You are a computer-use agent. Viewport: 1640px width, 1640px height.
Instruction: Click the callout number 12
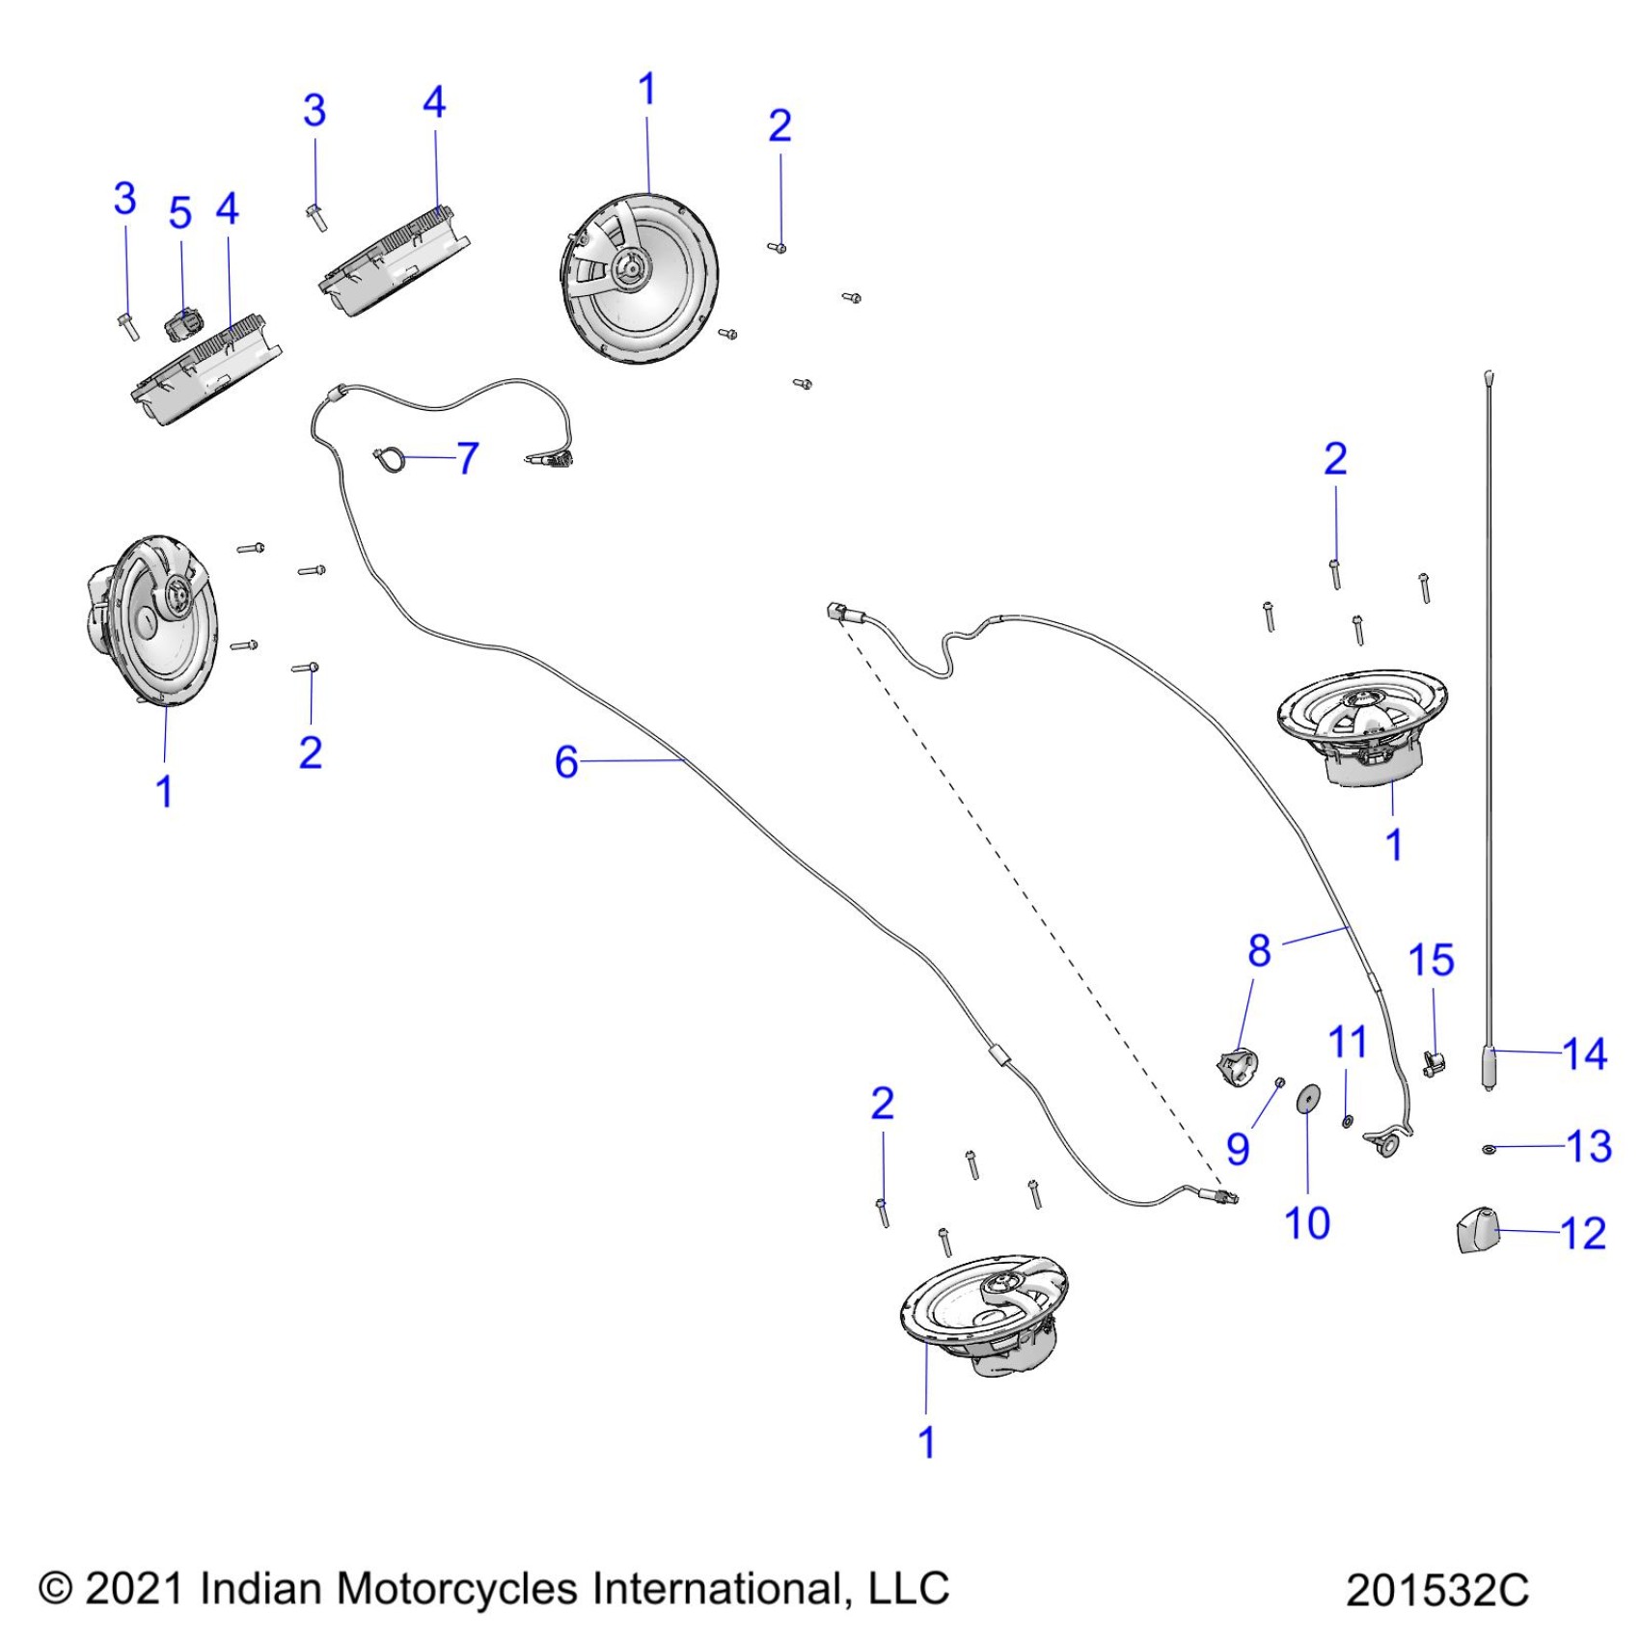(x=1583, y=1234)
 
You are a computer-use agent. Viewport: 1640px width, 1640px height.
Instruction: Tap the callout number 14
(x=1584, y=1053)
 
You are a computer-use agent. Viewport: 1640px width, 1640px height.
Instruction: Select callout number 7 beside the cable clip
(x=468, y=458)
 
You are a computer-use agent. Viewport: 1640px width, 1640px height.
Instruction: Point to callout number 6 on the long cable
(x=566, y=762)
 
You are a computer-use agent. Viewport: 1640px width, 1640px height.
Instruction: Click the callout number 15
(x=1431, y=961)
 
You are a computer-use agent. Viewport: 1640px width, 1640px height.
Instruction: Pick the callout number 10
(x=1307, y=1223)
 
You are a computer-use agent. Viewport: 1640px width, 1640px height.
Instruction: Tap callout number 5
(x=180, y=213)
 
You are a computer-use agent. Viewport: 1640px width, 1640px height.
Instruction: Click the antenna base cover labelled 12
(x=1475, y=1234)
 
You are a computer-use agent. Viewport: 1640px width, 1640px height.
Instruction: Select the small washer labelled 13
(x=1490, y=1149)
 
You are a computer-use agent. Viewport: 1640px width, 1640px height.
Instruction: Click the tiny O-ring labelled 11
(x=1348, y=1121)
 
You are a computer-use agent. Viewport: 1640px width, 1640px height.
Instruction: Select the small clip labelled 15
(x=1435, y=1065)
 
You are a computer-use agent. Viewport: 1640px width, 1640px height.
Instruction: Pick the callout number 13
(x=1588, y=1146)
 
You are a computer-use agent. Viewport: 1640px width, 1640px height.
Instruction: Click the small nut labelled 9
(x=1279, y=1082)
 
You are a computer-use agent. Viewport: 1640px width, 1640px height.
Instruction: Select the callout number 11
(x=1348, y=1042)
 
